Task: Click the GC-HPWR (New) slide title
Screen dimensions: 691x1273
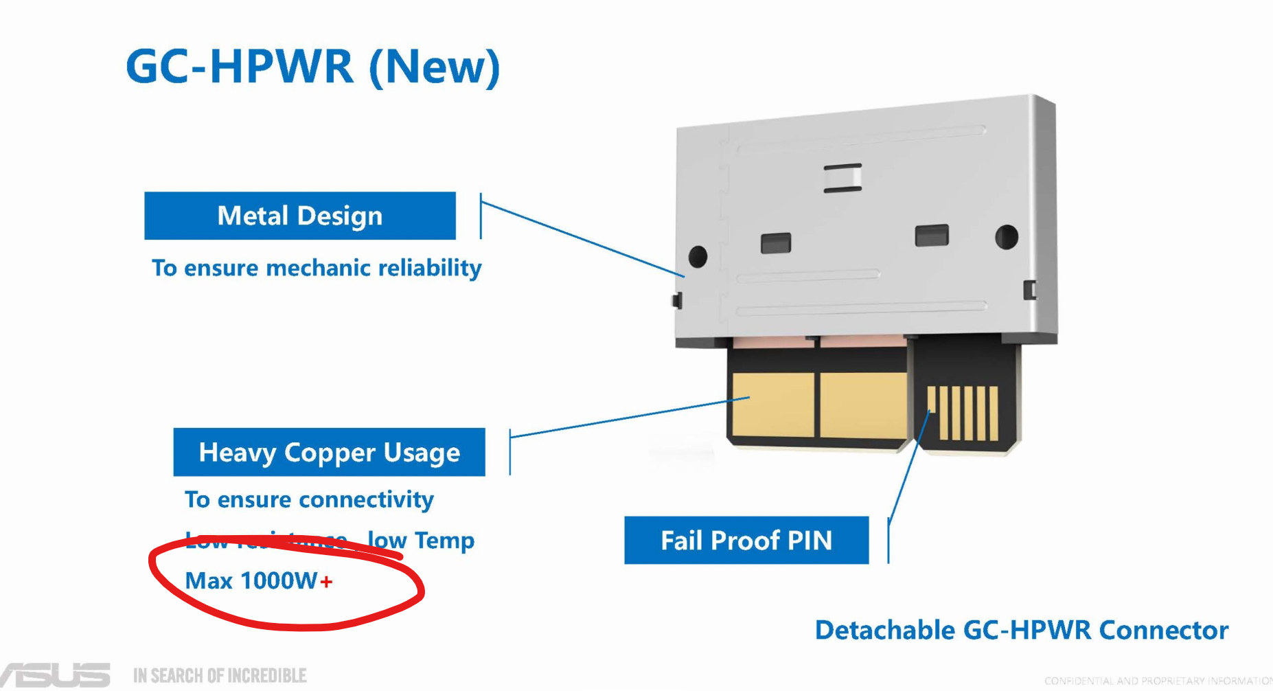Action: click(x=312, y=67)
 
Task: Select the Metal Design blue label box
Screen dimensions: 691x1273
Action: click(x=300, y=216)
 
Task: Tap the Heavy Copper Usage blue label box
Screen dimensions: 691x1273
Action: click(x=329, y=452)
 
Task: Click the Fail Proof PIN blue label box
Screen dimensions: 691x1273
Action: click(x=746, y=541)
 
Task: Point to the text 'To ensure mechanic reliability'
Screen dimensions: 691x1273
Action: click(x=317, y=268)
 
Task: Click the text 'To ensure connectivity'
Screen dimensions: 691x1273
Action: click(x=309, y=499)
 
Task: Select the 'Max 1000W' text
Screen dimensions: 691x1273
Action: click(x=251, y=581)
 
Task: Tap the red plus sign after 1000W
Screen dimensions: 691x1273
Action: click(x=326, y=582)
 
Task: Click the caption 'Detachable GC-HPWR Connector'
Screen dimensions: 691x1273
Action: click(x=1022, y=630)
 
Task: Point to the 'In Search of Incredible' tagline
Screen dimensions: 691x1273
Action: click(x=220, y=676)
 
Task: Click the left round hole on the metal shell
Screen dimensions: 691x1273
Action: click(x=698, y=256)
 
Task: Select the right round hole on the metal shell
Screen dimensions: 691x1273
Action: click(x=1007, y=237)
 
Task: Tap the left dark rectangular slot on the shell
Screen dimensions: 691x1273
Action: click(x=776, y=243)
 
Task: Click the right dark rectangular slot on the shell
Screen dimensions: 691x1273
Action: click(x=932, y=236)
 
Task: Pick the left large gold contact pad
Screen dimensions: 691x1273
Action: click(x=772, y=405)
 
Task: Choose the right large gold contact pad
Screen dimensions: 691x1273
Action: click(x=863, y=405)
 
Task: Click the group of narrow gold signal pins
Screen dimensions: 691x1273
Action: click(x=962, y=413)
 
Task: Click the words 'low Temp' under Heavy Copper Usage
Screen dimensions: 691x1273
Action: click(x=421, y=541)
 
